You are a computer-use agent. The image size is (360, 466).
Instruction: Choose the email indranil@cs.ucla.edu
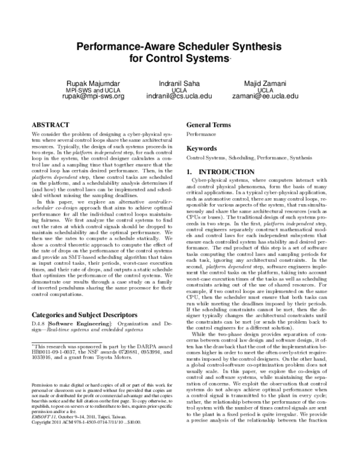point(179,95)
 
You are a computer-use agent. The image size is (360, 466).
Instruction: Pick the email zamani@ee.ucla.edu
point(265,95)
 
